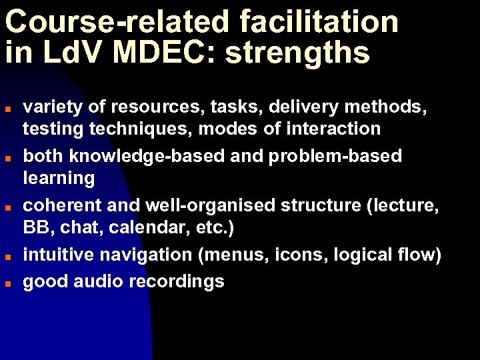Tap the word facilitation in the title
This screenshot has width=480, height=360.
coord(319,22)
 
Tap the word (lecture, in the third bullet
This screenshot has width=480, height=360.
coord(403,206)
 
